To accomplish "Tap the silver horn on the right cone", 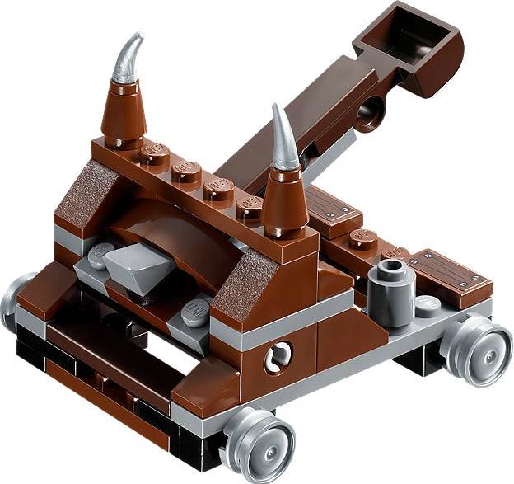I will (x=283, y=139).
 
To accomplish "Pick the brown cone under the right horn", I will (x=284, y=198).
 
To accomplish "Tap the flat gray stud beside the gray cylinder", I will (x=428, y=306).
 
